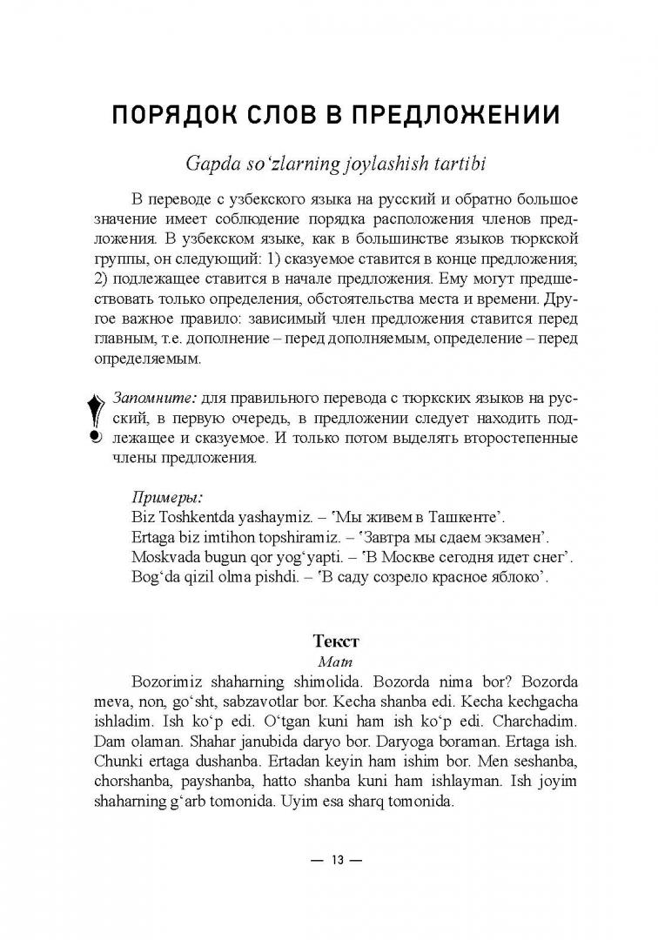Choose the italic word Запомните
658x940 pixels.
point(155,399)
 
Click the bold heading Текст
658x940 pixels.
point(335,641)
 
